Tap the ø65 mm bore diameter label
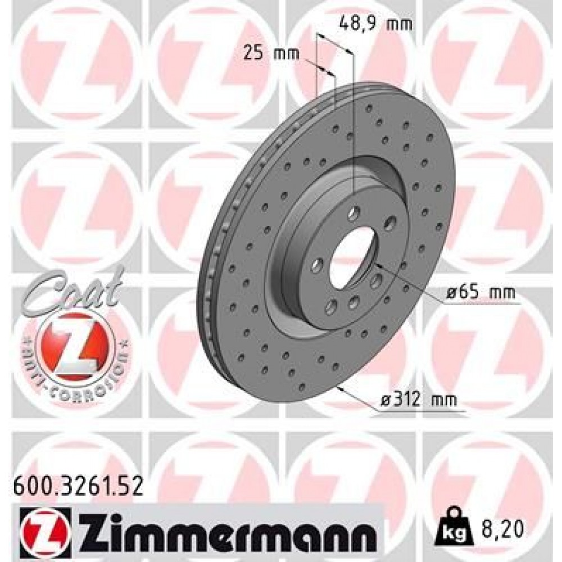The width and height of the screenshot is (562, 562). (479, 293)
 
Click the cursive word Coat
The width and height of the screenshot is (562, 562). (73, 289)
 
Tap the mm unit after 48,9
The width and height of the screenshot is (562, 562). (400, 24)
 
